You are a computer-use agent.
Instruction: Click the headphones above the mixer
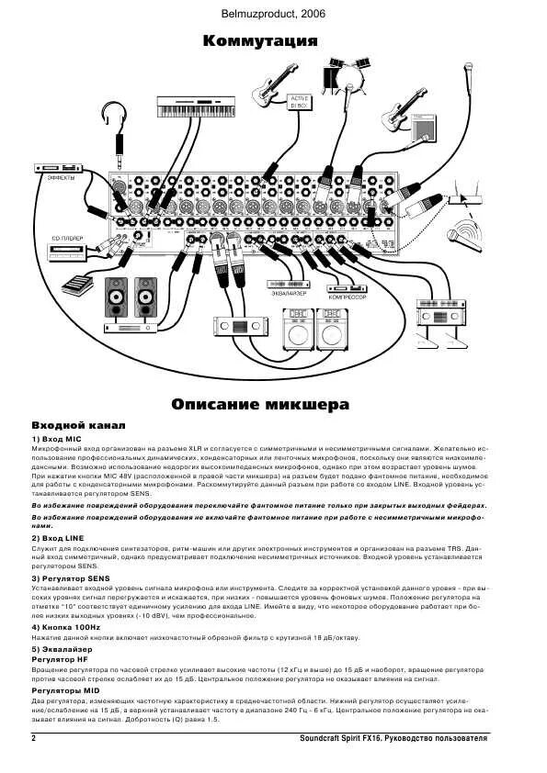click(115, 118)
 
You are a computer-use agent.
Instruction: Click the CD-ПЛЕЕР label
click(66, 239)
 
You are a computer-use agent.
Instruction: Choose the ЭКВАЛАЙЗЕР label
click(288, 293)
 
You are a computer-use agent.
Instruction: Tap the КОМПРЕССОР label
click(348, 298)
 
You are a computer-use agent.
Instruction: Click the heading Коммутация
click(260, 41)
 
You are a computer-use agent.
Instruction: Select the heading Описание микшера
click(260, 404)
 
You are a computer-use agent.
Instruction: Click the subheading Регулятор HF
click(61, 659)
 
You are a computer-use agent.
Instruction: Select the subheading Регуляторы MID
click(65, 689)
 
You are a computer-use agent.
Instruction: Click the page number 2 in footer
click(34, 739)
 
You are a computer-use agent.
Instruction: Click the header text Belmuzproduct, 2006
click(273, 14)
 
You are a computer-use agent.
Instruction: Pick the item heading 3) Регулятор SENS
click(73, 579)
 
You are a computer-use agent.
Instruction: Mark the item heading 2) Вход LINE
click(59, 538)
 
